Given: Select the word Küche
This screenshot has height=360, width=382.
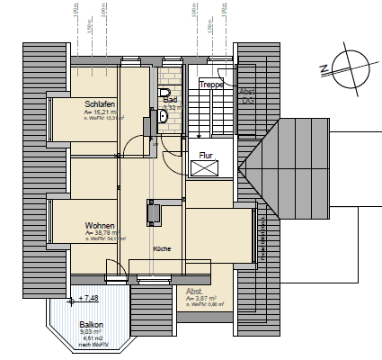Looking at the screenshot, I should [162, 248].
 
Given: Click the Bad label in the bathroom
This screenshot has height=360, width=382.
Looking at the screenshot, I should [169, 100].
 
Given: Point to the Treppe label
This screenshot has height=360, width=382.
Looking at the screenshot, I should [211, 85].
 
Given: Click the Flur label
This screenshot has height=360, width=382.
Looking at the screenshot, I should [206, 155].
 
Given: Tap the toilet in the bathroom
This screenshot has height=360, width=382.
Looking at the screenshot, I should [163, 94].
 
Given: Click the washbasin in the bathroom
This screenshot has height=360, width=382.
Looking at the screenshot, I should [163, 115].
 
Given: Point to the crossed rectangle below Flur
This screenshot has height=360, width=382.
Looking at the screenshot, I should [204, 168].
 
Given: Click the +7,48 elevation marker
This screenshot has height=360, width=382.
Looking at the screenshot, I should [90, 298].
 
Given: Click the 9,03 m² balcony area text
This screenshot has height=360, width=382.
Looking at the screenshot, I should [92, 331].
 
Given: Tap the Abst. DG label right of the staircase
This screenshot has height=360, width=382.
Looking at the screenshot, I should [247, 96].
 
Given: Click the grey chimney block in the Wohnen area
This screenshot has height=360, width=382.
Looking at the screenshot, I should [154, 213].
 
